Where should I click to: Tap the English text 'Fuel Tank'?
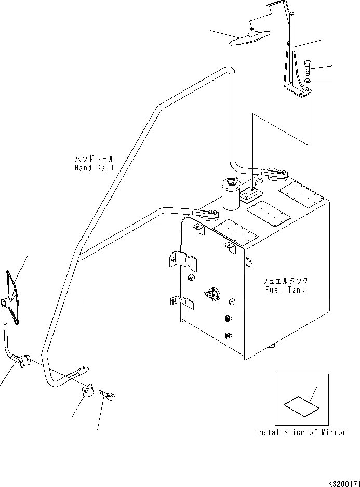(x=285, y=290)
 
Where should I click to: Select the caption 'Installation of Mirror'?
(x=300, y=432)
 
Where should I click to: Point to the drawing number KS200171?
(x=343, y=483)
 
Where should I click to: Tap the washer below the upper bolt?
(x=308, y=81)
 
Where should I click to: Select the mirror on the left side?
(x=12, y=298)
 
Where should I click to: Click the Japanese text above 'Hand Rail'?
(x=94, y=159)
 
